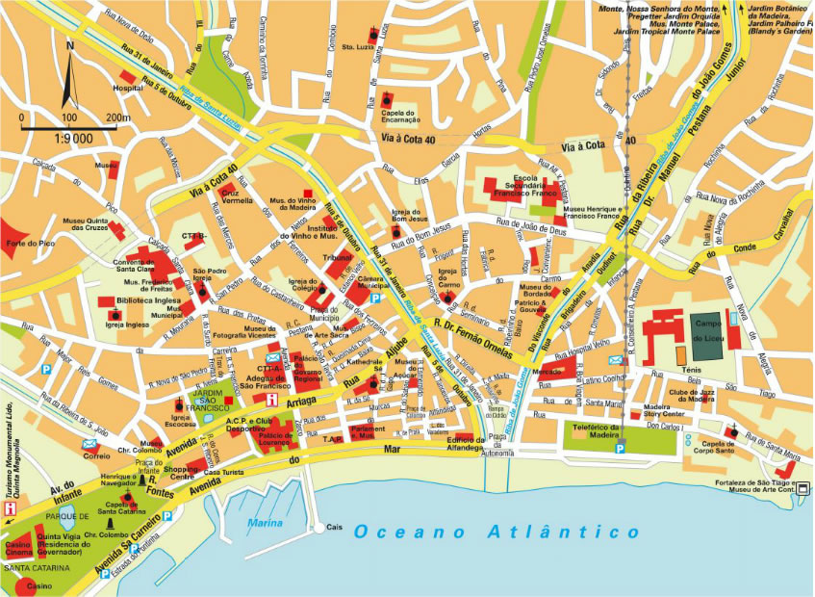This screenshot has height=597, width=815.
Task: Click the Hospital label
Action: click(x=129, y=88)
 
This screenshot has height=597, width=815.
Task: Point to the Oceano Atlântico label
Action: click(x=497, y=532)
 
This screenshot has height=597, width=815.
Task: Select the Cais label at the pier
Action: click(x=335, y=527)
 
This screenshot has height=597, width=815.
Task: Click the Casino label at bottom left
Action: click(x=39, y=585)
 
